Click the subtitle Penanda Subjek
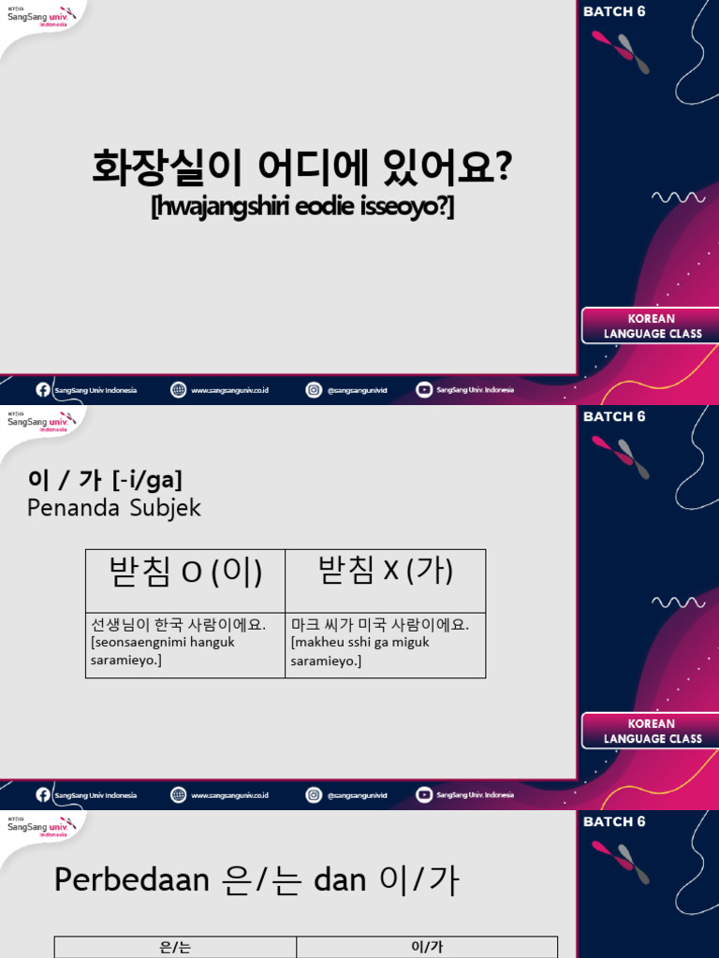click(114, 508)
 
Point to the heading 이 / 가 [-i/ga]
click(105, 480)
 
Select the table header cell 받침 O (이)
click(185, 572)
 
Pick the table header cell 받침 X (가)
click(386, 571)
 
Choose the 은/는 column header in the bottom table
click(175, 948)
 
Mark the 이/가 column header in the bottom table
click(427, 948)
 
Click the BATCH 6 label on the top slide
click(614, 12)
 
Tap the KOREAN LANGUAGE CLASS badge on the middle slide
click(653, 731)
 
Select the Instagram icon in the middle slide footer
click(314, 795)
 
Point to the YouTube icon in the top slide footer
click(424, 390)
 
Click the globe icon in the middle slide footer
click(178, 795)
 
